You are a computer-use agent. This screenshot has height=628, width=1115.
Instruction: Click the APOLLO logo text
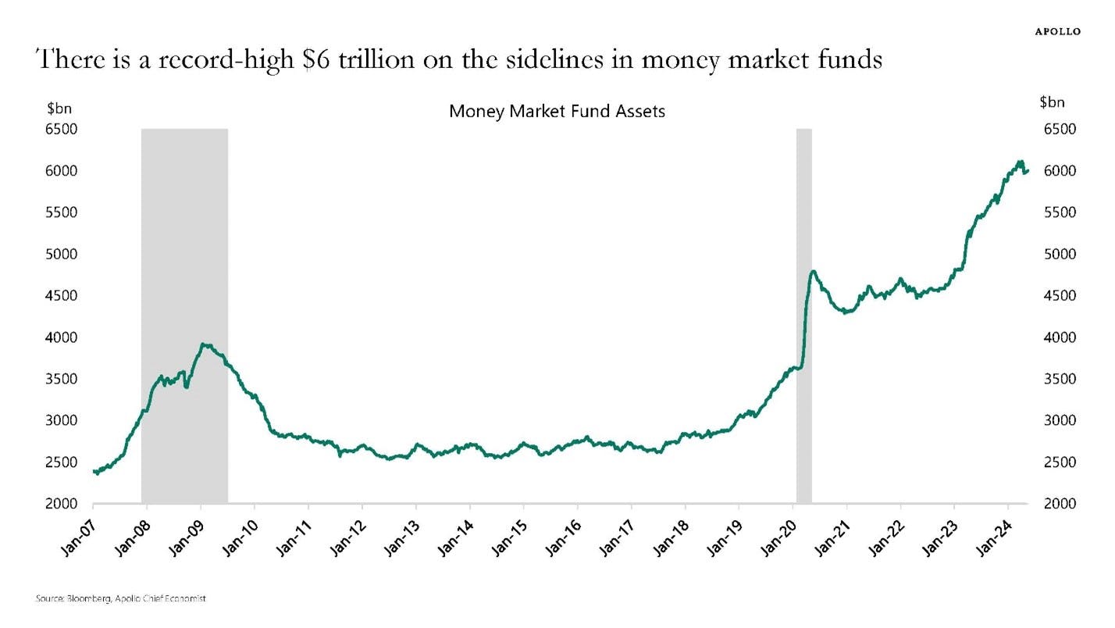pyautogui.click(x=1057, y=31)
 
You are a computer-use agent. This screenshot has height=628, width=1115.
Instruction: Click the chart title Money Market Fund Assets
pyautogui.click(x=557, y=111)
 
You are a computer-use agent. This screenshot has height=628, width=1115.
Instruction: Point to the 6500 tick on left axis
pyautogui.click(x=62, y=129)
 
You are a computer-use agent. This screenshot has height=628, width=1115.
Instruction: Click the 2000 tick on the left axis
pyautogui.click(x=62, y=504)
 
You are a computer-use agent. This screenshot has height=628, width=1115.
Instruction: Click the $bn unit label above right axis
pyautogui.click(x=1052, y=102)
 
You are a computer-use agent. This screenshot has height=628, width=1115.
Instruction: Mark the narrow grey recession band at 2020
pyautogui.click(x=803, y=312)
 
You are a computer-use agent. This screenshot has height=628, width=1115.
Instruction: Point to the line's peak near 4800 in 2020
pyautogui.click(x=813, y=272)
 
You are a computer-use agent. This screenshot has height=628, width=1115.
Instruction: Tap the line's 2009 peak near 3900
pyautogui.click(x=203, y=344)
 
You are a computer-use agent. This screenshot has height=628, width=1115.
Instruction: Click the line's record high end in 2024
pyautogui.click(x=1021, y=162)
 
